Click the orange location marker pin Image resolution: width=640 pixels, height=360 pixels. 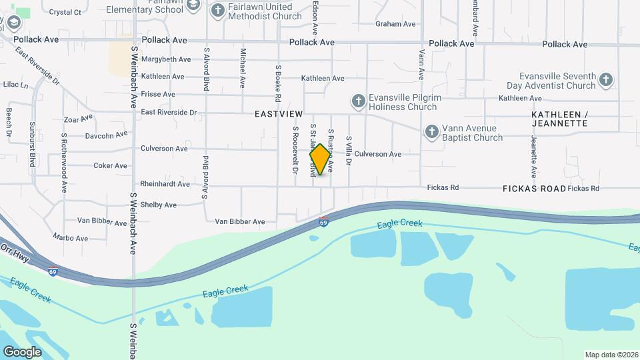320,159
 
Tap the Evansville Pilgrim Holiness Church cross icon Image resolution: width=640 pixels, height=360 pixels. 358,101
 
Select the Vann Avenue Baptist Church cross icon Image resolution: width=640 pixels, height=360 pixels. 431,131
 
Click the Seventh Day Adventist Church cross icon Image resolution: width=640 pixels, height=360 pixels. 605,80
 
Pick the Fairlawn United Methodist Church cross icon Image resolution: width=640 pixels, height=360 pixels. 218,10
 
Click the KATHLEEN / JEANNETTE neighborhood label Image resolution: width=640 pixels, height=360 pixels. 559,119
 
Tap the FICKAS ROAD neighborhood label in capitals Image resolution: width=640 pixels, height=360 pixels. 534,189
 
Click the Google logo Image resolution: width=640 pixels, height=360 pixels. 21,351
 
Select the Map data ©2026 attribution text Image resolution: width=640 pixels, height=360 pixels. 610,355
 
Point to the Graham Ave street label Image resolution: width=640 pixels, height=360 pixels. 395,24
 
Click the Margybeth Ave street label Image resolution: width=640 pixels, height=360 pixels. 165,59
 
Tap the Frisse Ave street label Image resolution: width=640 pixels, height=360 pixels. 158,95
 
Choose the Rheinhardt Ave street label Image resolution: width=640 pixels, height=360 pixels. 165,184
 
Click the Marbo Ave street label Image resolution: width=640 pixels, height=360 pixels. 73,238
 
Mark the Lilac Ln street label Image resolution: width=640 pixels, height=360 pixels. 15,85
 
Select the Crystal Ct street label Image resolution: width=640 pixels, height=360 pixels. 65,12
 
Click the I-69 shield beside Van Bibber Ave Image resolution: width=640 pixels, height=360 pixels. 323,223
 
